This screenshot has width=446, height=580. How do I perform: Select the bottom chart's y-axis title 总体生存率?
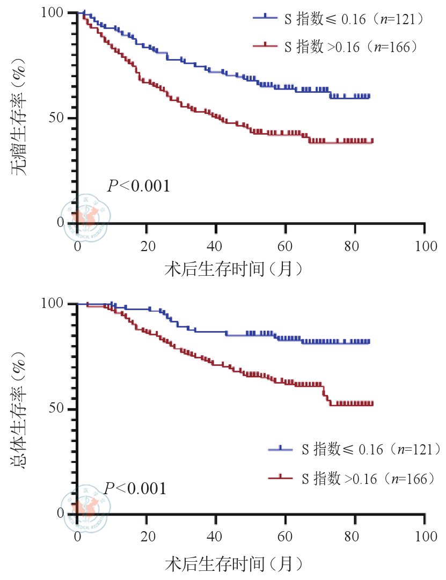tap(20, 409)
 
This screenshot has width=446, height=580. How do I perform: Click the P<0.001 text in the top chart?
tap(139, 186)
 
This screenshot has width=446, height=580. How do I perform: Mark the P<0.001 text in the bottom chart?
tap(135, 488)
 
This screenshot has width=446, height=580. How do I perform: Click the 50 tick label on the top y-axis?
tap(60, 118)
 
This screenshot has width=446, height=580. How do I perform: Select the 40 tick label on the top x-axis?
tap(215, 246)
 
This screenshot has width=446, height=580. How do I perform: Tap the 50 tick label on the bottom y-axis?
tap(60, 409)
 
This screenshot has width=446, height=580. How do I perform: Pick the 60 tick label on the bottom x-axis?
tap(285, 537)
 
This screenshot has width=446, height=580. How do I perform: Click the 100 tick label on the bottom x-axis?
tap(424, 537)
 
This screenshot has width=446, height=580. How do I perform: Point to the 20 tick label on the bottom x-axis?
tap(146, 537)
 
